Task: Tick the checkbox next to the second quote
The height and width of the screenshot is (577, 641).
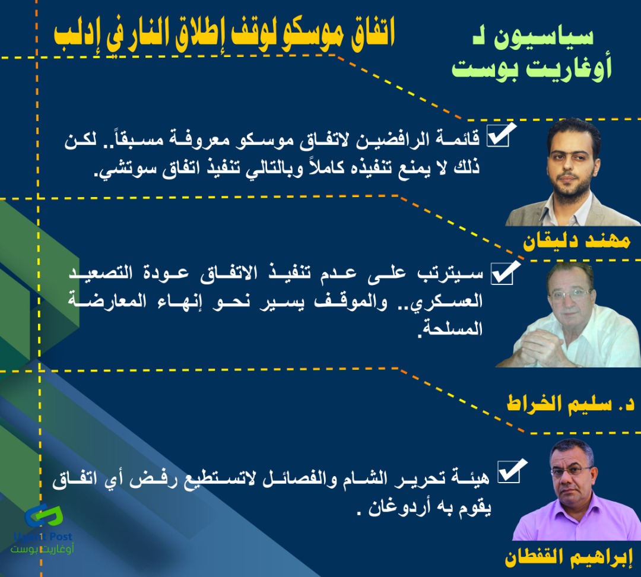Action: [x=504, y=272]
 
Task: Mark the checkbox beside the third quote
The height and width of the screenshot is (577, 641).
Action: [x=511, y=471]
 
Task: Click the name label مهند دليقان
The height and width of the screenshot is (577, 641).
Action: [x=576, y=241]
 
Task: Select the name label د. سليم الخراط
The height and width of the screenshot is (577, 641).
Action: [x=571, y=403]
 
